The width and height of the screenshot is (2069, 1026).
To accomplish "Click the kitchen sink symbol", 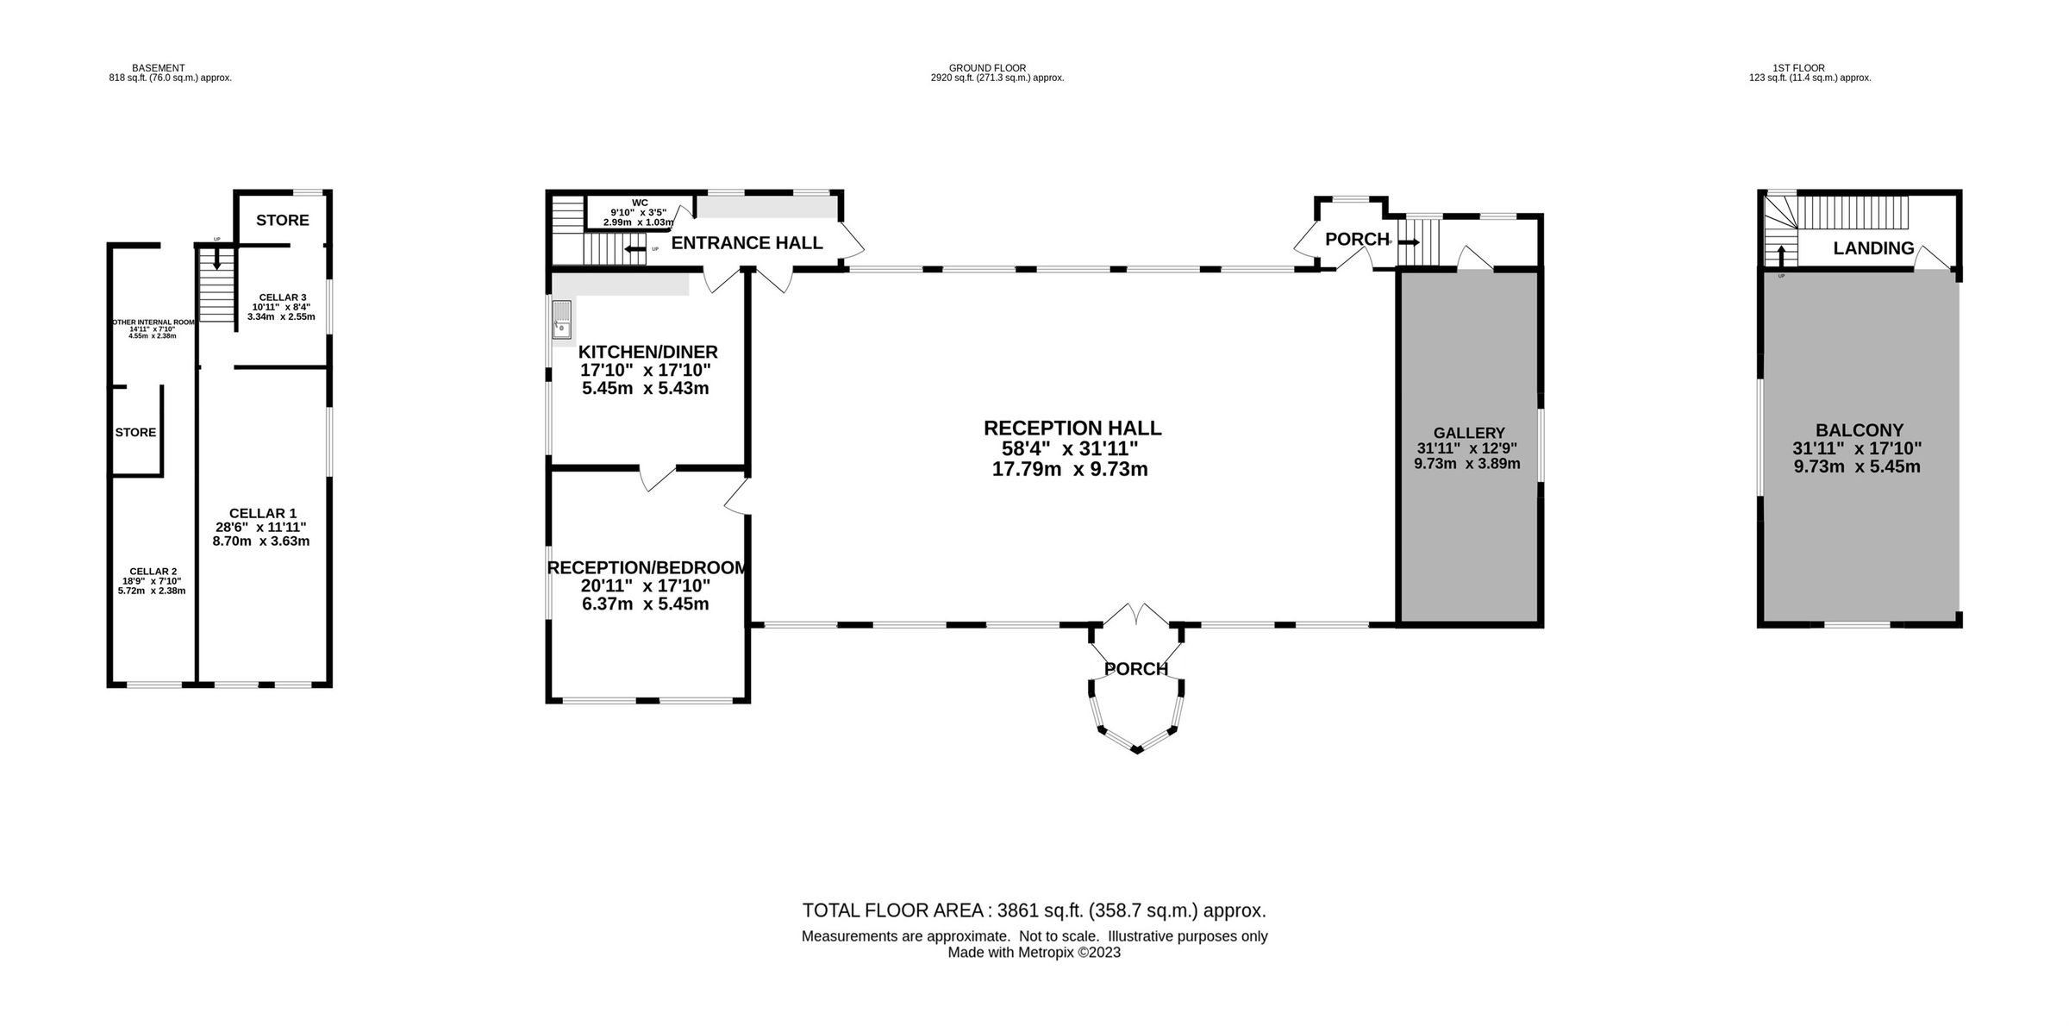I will pyautogui.click(x=562, y=319).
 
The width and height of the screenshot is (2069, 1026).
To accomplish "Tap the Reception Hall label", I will pyautogui.click(x=1072, y=429).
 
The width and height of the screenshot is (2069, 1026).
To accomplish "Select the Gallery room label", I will pyautogui.click(x=1468, y=433).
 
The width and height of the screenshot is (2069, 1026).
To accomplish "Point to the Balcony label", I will pyautogui.click(x=1859, y=430).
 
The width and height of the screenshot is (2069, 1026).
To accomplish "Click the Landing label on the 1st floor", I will pyautogui.click(x=1872, y=249).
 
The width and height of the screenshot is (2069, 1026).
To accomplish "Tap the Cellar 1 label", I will pyautogui.click(x=262, y=514).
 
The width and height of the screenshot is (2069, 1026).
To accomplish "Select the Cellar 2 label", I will pyautogui.click(x=153, y=572).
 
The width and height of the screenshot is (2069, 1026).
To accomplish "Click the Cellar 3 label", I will pyautogui.click(x=282, y=297).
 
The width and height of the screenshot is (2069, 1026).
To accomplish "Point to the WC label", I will pyautogui.click(x=639, y=203).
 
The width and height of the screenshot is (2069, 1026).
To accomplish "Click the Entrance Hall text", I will pyautogui.click(x=747, y=243).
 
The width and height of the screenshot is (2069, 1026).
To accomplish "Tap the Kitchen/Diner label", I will pyautogui.click(x=647, y=352).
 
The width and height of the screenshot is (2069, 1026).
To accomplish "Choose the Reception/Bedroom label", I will pyautogui.click(x=647, y=568).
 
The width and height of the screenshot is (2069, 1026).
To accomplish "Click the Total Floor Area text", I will pyautogui.click(x=1034, y=910).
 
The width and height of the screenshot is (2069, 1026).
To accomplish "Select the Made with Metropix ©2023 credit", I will pyautogui.click(x=1034, y=953).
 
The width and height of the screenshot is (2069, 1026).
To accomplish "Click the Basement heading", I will pyautogui.click(x=158, y=67).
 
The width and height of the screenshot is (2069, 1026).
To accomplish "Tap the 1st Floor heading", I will pyautogui.click(x=1798, y=67).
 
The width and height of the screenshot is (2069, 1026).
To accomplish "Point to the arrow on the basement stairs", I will pyautogui.click(x=216, y=258).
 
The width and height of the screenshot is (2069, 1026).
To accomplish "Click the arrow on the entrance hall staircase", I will pyautogui.click(x=634, y=249).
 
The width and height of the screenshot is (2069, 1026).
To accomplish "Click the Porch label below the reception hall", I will pyautogui.click(x=1135, y=669).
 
